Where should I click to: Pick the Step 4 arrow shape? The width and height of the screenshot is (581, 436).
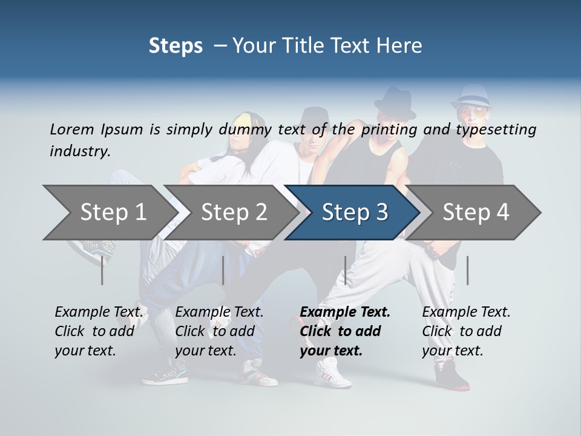point(475,213)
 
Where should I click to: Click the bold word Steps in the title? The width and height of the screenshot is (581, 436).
point(176,45)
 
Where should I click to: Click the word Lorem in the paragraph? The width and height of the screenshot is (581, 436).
point(72,130)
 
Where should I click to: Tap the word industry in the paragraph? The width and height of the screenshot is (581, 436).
point(80,151)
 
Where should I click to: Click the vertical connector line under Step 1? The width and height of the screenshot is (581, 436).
point(102,270)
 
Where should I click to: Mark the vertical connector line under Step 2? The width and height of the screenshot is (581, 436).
point(223,270)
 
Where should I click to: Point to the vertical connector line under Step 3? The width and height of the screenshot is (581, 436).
point(345,270)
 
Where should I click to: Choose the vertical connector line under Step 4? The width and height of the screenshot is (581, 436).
point(467,270)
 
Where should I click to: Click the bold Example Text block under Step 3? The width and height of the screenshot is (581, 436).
point(345,331)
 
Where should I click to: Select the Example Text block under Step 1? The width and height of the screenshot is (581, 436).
point(99,331)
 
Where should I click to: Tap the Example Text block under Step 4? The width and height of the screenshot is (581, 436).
point(466,331)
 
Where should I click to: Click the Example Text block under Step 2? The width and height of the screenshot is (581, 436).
point(219,331)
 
